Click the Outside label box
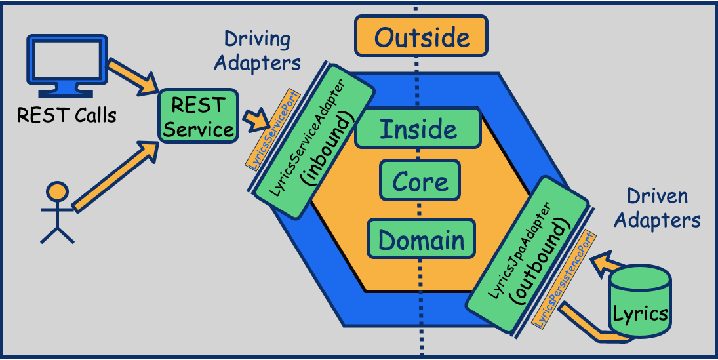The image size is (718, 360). click(x=422, y=36)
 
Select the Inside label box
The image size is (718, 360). click(x=418, y=129)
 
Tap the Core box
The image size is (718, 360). click(x=420, y=181)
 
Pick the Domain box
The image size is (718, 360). click(x=421, y=240)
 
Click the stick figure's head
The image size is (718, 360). click(x=58, y=191)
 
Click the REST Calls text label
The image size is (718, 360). click(x=67, y=116)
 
